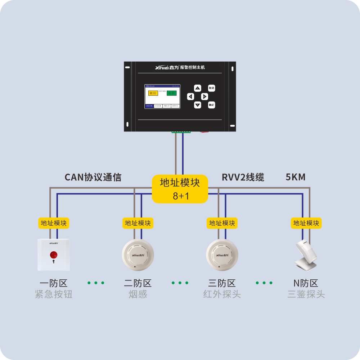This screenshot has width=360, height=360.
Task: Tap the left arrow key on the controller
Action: click(190, 96)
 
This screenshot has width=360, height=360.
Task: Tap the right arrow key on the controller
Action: click(204, 96)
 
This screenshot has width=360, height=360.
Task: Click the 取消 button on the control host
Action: click(211, 88)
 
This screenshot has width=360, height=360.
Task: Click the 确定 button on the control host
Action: click(211, 105)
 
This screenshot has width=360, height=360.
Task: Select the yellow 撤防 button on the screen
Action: click(153, 93)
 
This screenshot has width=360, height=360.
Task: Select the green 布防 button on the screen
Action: click(171, 93)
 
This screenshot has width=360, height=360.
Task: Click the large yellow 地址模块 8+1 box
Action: click(180, 189)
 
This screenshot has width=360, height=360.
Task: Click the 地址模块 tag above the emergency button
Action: click(54, 223)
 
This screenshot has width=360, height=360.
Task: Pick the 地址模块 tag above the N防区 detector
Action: click(306, 223)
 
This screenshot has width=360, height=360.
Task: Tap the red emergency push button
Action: click(54, 255)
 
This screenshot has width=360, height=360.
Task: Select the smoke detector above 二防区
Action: click(138, 255)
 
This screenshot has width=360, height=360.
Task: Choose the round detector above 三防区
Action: click(222, 255)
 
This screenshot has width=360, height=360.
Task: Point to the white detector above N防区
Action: click(306, 255)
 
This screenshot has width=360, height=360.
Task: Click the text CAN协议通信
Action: click(93, 177)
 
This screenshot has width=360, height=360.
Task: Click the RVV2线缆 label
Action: click(243, 177)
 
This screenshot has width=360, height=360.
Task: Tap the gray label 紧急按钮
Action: click(54, 294)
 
